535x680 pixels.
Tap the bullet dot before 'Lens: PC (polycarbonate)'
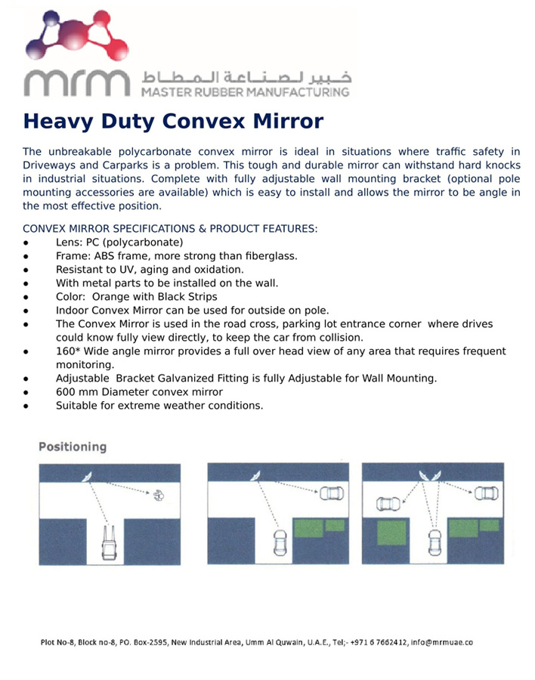click(x=26, y=243)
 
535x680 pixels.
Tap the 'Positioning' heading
click(x=73, y=447)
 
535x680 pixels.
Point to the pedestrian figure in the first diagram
click(x=159, y=495)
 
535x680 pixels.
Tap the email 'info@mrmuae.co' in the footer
click(x=441, y=642)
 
